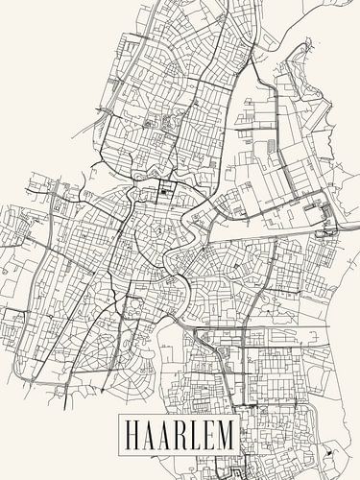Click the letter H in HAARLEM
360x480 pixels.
[x=132, y=435]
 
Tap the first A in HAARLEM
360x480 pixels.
[x=150, y=435]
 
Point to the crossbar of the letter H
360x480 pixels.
[x=132, y=435]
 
